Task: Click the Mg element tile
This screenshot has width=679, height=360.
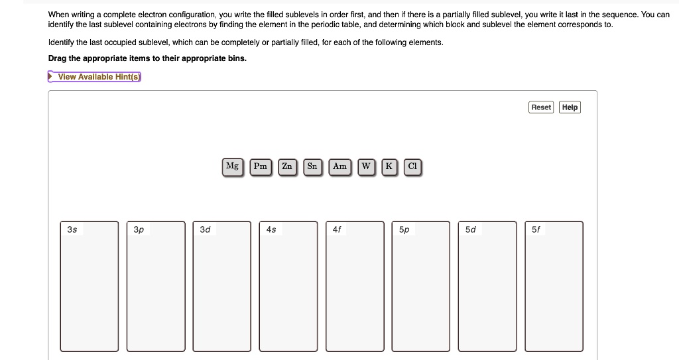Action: click(233, 167)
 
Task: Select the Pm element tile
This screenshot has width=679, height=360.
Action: click(261, 167)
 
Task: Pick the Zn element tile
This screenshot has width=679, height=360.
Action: click(287, 167)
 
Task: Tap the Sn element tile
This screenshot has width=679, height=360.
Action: click(312, 167)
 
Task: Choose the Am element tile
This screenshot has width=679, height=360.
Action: click(340, 167)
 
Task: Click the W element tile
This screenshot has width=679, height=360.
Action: click(366, 167)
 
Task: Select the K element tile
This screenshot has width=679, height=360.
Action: click(389, 167)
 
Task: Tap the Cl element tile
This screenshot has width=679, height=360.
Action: click(412, 167)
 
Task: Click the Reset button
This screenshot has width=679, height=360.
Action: click(541, 107)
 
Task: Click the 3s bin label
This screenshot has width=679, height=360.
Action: click(72, 229)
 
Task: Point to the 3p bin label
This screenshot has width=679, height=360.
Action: click(139, 229)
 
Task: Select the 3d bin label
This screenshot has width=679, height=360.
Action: click(205, 229)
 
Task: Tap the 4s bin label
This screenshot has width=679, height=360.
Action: click(271, 229)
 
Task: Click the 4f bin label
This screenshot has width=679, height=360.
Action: click(337, 229)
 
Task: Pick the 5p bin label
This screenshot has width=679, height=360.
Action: click(404, 229)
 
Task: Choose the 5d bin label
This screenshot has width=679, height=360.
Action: click(470, 229)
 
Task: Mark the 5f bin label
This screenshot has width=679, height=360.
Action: click(536, 229)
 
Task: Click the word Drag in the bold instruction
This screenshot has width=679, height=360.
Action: click(57, 58)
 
